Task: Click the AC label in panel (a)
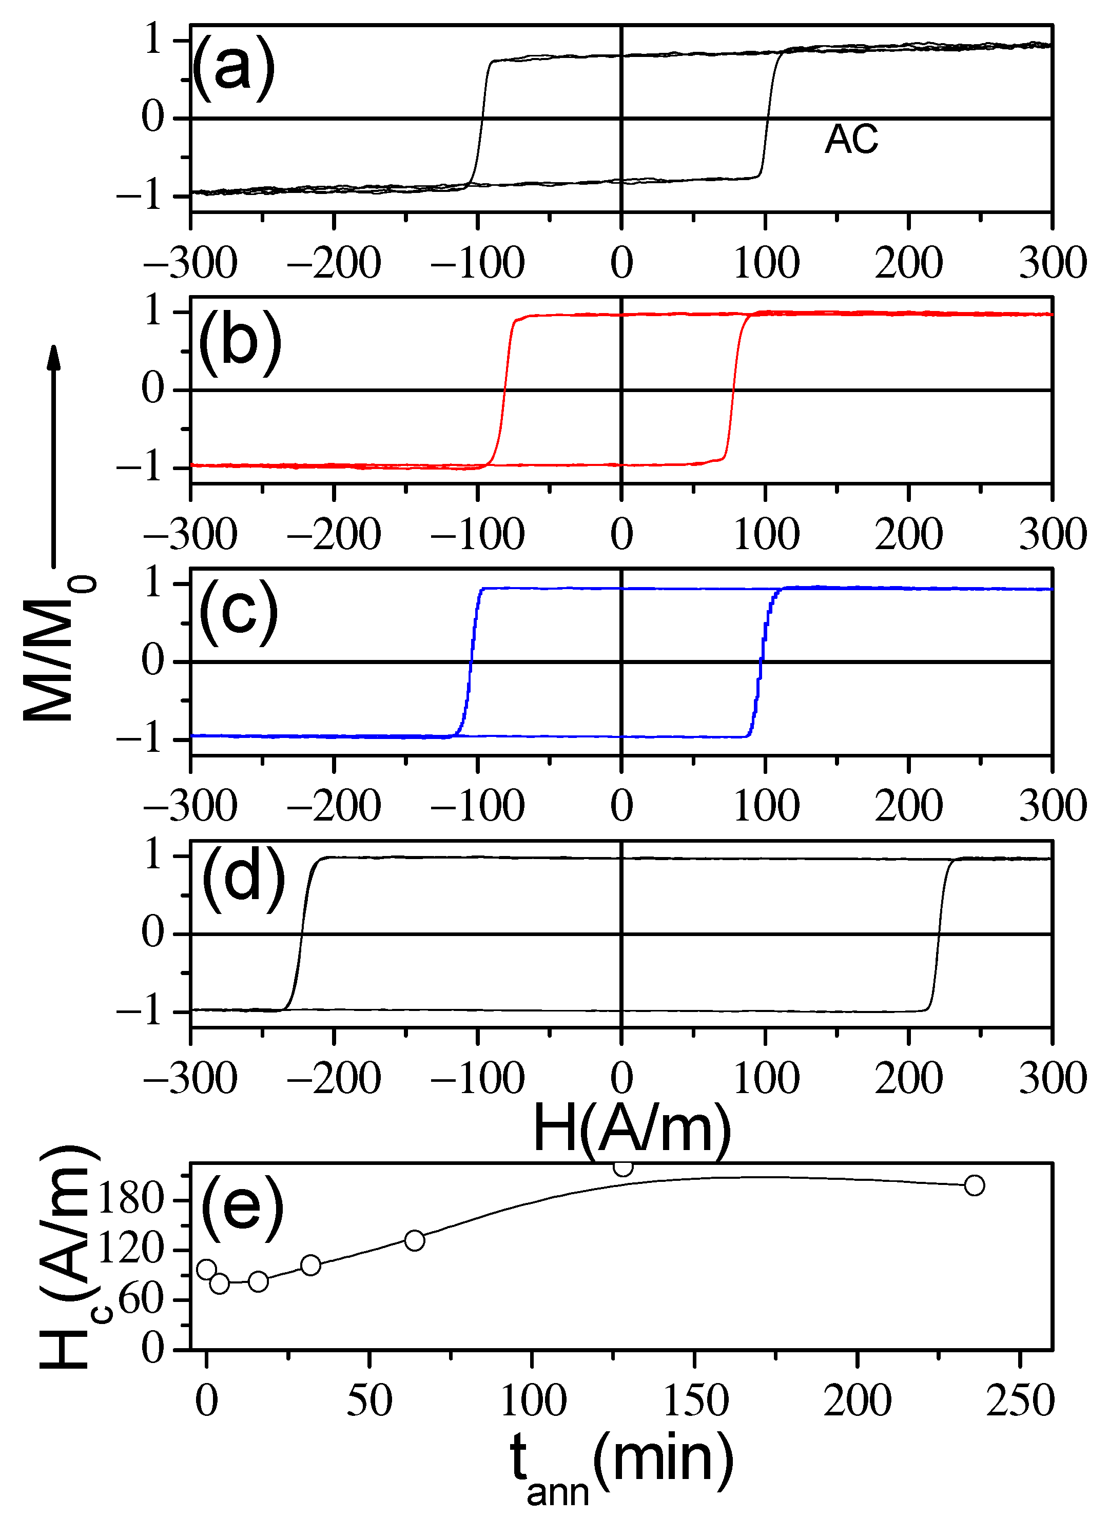coord(851,140)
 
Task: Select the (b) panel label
coord(240,342)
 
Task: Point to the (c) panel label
coord(238,612)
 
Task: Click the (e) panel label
coord(242,1207)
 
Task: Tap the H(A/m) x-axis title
coord(631,1130)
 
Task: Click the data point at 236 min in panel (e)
coord(974,1185)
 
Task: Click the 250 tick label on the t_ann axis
coord(1020,1401)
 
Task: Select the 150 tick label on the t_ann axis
coord(695,1401)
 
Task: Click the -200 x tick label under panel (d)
coord(334,1078)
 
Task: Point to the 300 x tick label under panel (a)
coord(1052,263)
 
